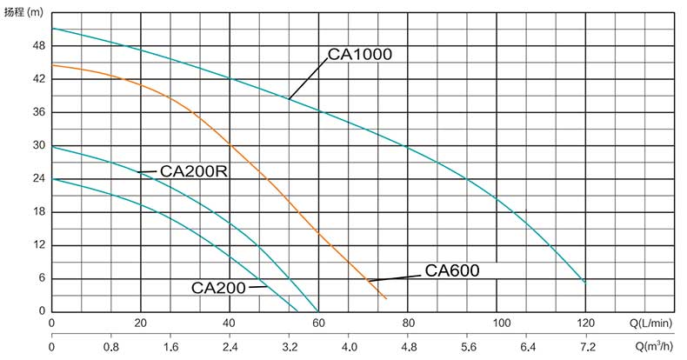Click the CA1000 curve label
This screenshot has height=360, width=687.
360,55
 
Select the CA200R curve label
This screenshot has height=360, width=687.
193,171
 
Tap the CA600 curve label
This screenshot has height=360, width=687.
451,270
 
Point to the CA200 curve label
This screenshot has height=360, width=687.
218,287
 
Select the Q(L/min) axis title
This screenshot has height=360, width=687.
655,323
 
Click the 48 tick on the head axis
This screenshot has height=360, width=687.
38,46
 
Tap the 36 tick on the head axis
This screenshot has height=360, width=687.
38,113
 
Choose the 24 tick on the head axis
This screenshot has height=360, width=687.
38,179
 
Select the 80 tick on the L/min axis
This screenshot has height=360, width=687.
408,323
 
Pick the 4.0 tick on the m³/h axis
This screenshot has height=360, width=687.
349,347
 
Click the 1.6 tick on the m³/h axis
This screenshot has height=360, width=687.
171,347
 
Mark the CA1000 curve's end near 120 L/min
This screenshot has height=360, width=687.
584,283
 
